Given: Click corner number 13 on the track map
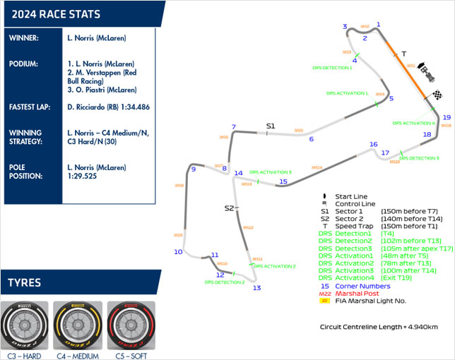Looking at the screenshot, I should (256, 288).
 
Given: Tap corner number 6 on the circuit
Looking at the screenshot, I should (311, 139).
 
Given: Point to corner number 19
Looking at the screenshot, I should (447, 118).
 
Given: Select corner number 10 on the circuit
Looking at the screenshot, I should (178, 252).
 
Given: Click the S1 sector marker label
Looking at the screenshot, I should (270, 126).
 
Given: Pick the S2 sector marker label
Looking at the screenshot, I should (228, 208).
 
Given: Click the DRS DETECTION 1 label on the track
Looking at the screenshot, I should (332, 68).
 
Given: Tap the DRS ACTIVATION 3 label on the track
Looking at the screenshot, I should (271, 172).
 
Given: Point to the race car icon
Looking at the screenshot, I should (425, 71).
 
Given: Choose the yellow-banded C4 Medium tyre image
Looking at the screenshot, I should (76, 325).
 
